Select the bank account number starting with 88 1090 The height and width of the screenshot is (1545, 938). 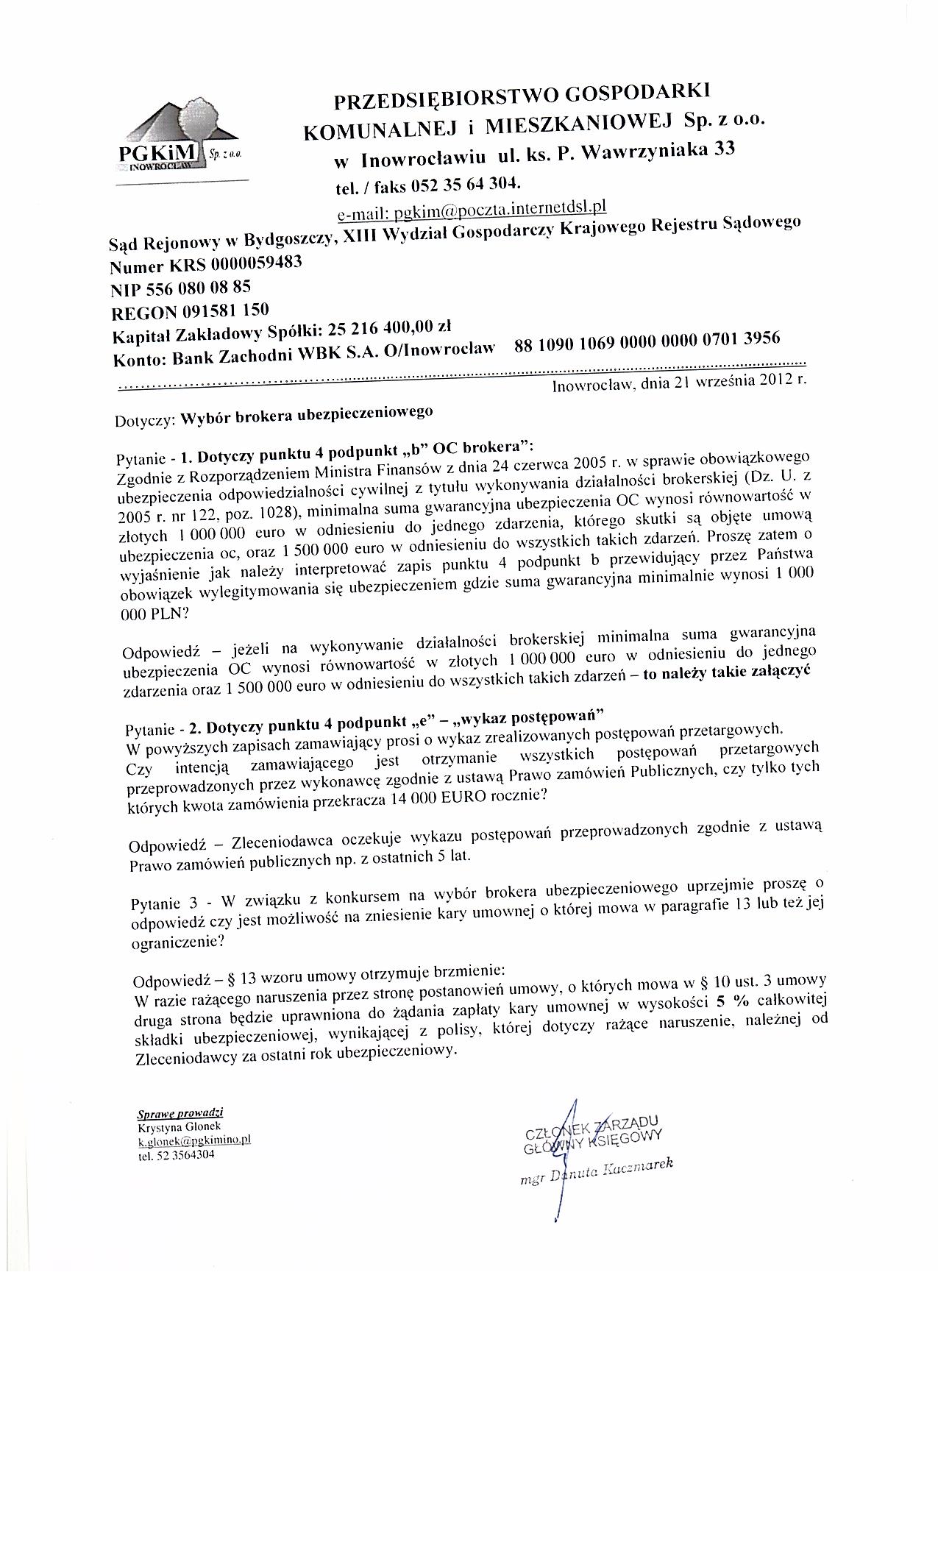pyautogui.click(x=647, y=340)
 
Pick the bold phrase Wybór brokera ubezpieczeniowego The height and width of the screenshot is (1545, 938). pyautogui.click(x=306, y=416)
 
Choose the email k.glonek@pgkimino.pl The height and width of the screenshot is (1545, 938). pyautogui.click(x=196, y=1140)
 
